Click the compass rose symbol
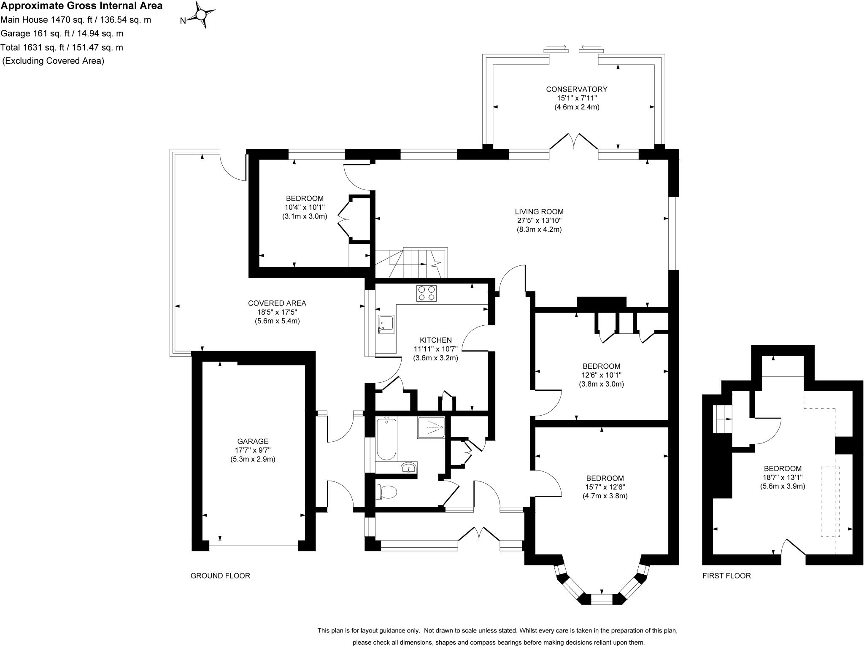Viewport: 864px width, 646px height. [201, 16]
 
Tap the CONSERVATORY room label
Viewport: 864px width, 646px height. [576, 89]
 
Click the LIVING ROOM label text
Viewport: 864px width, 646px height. [539, 212]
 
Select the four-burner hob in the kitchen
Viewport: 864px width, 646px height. [427, 293]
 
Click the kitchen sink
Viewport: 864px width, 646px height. [386, 324]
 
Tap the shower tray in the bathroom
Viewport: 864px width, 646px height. [431, 427]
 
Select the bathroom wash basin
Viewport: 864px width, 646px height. [408, 468]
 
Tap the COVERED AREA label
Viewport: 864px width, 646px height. [277, 303]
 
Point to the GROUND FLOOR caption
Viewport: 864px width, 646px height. [220, 576]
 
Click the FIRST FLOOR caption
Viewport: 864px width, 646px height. [726, 576]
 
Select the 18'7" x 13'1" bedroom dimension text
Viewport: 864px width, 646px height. [783, 477]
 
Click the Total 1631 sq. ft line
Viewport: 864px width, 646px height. [62, 47]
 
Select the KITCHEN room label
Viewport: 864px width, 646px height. [435, 340]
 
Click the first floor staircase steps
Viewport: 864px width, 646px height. [722, 419]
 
